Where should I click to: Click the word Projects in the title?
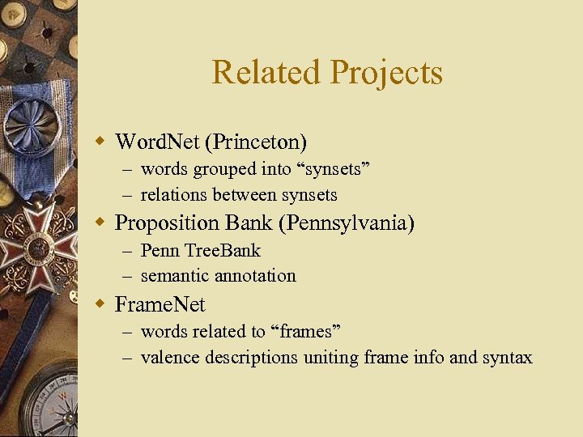pyautogui.click(x=385, y=74)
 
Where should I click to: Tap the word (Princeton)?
pyautogui.click(x=256, y=142)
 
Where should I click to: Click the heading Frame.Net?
pyautogui.click(x=160, y=304)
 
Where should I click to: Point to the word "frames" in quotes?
pyautogui.click(x=305, y=332)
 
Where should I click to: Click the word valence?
pyautogui.click(x=170, y=357)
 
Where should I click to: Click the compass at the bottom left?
pyautogui.click(x=53, y=405)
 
